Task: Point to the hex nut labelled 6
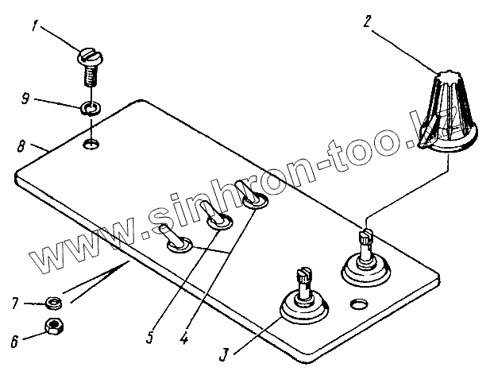(54, 327)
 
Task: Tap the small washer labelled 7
(52, 302)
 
